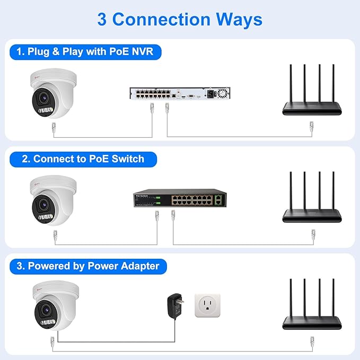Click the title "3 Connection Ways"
tap(180, 19)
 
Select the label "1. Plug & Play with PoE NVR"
tap(85, 52)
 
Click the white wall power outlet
tap(207, 305)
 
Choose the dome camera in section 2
tap(53, 200)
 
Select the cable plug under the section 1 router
tap(312, 127)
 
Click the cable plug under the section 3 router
tap(312, 340)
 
